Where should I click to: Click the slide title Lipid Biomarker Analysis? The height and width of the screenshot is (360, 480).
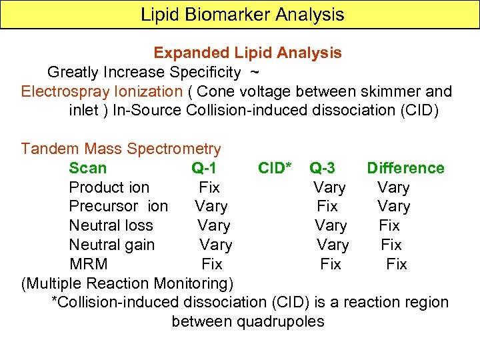point(242,14)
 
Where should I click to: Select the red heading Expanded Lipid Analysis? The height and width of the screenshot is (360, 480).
point(247,53)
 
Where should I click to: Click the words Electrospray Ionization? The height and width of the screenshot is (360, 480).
point(101,91)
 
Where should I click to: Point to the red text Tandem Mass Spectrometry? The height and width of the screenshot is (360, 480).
point(121,149)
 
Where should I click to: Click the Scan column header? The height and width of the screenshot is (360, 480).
point(87,168)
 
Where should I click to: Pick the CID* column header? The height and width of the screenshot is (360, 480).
point(275,168)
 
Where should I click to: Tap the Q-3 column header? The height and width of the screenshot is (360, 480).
point(327,168)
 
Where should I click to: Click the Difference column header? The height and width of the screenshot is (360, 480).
point(405,168)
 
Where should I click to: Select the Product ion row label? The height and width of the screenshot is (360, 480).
point(109,187)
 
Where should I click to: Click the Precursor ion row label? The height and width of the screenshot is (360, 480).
point(119,207)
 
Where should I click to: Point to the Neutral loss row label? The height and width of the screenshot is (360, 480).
point(111,226)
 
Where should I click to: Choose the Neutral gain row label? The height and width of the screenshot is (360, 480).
point(112,245)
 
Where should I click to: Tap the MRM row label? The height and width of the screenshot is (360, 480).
point(89,264)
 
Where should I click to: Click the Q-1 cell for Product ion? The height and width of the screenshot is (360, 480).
point(209,187)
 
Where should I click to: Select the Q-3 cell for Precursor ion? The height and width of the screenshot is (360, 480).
point(327,207)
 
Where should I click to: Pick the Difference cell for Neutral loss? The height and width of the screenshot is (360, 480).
point(389,226)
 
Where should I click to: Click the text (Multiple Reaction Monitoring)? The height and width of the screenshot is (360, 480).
point(127,283)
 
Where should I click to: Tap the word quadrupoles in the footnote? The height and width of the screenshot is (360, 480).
point(281,321)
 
